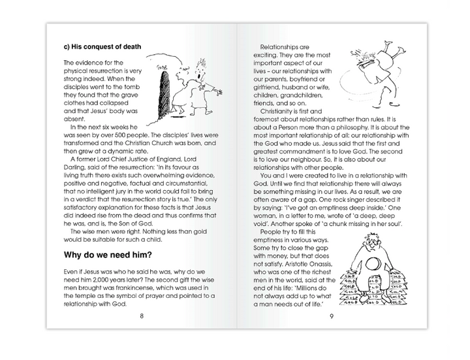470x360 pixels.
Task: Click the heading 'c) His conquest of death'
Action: click(103, 47)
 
